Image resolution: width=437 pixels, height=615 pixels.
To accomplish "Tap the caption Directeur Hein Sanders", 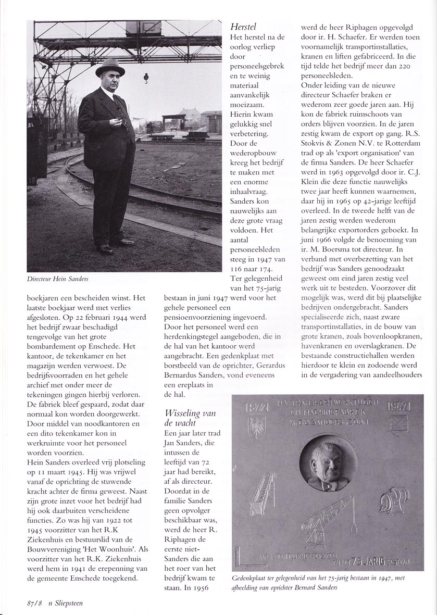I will point(58,279).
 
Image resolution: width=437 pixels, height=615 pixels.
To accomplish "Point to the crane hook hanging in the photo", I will point(145,79).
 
